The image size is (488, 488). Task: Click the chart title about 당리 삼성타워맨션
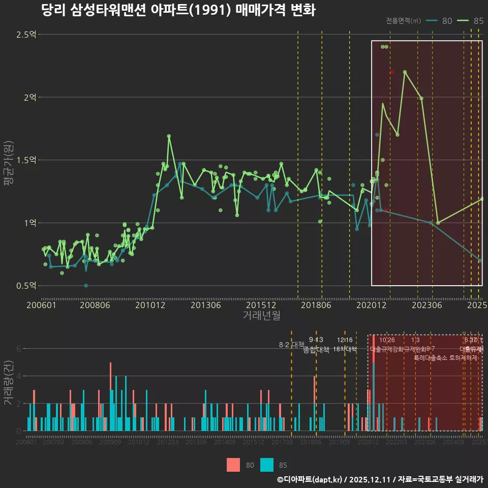[x=178, y=10]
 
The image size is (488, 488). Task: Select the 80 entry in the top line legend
[x=446, y=21]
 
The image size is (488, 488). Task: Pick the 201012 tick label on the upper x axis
[x=149, y=306]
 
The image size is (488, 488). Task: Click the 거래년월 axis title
[x=261, y=316]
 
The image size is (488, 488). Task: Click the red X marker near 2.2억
[x=392, y=72]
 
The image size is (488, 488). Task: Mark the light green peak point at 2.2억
[x=405, y=72]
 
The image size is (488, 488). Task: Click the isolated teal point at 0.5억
[x=86, y=286]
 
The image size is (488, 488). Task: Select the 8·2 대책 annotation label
[x=291, y=345]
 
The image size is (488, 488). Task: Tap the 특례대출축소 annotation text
[x=431, y=357]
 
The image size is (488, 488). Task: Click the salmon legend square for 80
[x=233, y=465]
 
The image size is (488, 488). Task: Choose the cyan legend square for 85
[x=266, y=465]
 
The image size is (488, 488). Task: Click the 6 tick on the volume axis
[x=18, y=349]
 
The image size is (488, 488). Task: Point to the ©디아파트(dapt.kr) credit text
[x=311, y=479]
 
